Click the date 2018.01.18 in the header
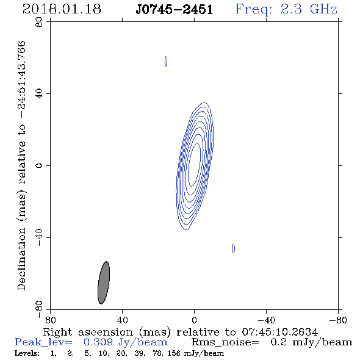click(62, 9)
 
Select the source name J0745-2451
click(174, 10)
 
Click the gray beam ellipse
click(104, 283)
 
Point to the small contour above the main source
click(166, 61)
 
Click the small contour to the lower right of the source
click(234, 249)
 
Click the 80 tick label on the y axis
click(39, 22)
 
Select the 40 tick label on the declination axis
click(39, 94)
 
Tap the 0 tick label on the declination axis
click(39, 165)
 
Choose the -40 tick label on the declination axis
click(39, 237)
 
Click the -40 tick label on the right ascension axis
click(266, 320)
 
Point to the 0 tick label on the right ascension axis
click(194, 320)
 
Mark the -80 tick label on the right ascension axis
click(338, 320)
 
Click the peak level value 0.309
click(98, 342)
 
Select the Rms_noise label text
click(225, 342)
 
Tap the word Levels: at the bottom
click(27, 353)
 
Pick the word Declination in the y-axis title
click(21, 259)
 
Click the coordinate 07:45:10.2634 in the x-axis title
click(280, 332)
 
